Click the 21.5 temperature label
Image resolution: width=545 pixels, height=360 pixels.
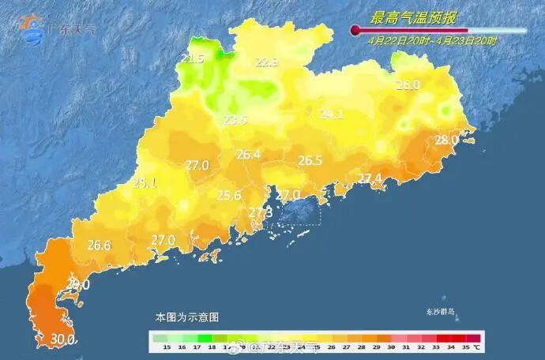(x=193, y=59)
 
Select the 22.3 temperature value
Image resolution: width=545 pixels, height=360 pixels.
(x=267, y=63)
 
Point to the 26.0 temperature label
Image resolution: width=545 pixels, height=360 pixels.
(x=408, y=85)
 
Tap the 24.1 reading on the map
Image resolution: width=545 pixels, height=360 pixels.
(x=332, y=114)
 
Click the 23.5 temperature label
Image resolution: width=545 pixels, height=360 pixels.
(x=235, y=120)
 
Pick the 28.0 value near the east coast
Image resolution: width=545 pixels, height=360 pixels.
(x=446, y=140)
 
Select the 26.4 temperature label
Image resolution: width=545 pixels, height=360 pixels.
(x=248, y=155)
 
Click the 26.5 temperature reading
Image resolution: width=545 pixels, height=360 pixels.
(x=310, y=160)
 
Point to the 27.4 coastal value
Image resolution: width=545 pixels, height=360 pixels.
(x=370, y=178)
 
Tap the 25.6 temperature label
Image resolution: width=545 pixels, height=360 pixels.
(x=229, y=195)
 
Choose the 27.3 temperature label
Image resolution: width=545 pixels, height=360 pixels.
(x=260, y=212)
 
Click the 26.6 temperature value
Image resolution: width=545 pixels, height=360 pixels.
(x=99, y=245)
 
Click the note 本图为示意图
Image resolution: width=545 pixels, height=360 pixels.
(x=187, y=317)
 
